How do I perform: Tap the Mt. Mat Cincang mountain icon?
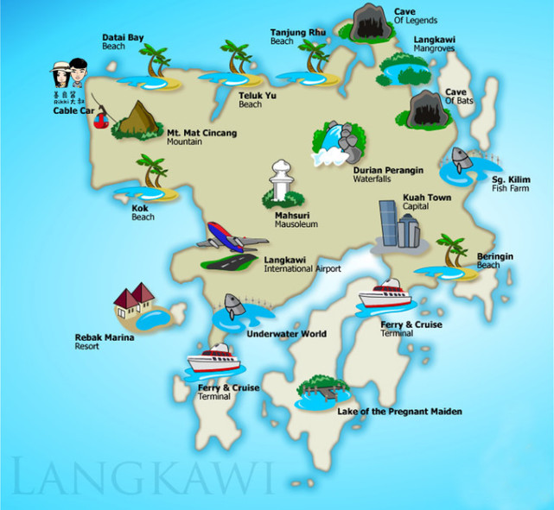pyautogui.click(x=136, y=120)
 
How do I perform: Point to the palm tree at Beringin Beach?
pyautogui.click(x=450, y=250)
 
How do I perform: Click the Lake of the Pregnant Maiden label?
pyautogui.click(x=399, y=412)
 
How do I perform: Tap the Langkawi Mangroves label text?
pyautogui.click(x=435, y=45)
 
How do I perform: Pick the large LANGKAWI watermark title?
pyautogui.click(x=143, y=477)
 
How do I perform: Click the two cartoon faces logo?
pyautogui.click(x=70, y=73)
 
